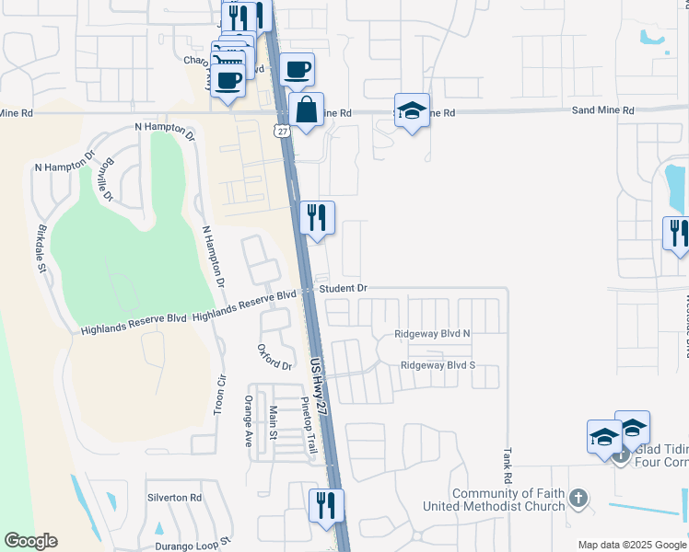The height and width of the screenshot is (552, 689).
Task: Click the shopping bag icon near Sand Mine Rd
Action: [307, 110]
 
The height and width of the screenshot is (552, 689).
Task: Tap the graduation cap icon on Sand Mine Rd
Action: [412, 111]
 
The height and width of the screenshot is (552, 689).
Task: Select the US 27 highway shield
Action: [282, 131]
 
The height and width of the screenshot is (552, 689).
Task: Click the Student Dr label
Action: [344, 289]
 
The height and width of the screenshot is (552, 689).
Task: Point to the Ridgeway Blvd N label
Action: [432, 334]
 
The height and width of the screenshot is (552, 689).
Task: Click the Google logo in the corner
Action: [30, 541]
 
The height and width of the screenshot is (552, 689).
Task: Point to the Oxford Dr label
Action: [274, 358]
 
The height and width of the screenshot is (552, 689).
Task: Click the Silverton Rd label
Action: [174, 498]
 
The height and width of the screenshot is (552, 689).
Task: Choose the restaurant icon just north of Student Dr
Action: [315, 218]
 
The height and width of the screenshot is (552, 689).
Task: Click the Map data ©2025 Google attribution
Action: [633, 545]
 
